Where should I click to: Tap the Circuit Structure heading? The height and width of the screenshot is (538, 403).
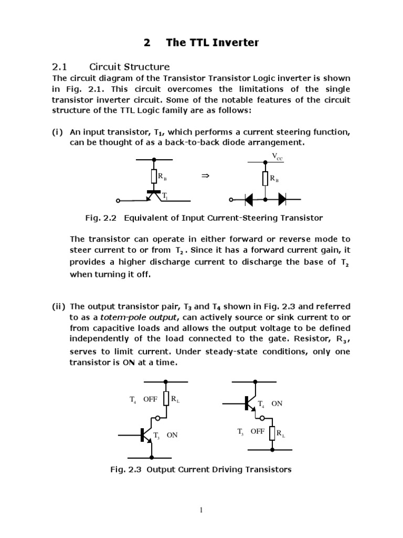coord(130,67)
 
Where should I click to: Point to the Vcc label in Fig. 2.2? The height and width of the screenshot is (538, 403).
coord(277,156)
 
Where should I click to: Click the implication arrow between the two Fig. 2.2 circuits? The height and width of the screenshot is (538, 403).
coord(205,177)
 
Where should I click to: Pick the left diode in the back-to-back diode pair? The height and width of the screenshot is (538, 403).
coord(248,200)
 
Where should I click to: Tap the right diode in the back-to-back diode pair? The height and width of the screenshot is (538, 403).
coord(282,200)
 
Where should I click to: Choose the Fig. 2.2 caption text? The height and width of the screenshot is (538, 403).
coord(204,218)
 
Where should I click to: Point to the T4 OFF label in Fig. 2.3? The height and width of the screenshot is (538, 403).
coord(144,399)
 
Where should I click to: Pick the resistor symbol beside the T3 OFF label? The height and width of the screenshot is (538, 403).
coord(272,433)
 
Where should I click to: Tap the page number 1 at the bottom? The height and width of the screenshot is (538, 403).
coord(201,510)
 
